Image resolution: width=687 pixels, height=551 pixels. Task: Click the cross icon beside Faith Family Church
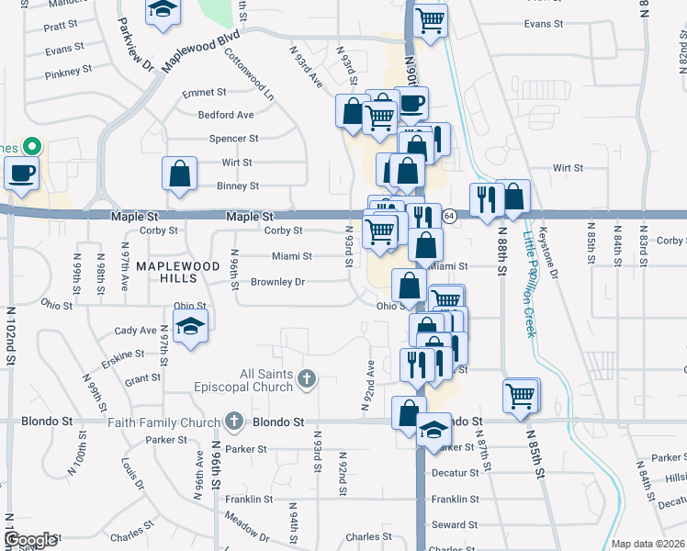coord(234,422)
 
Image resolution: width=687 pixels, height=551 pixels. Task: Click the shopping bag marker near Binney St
coord(180,173)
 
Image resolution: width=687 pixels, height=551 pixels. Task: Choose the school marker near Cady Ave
coord(191,327)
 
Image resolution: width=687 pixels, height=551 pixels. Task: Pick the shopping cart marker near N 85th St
coord(520,395)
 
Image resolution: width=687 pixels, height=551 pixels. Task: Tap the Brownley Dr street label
coord(277,282)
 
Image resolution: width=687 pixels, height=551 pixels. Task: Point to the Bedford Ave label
coord(226,115)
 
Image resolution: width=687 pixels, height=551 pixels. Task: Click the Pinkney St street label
coord(68,69)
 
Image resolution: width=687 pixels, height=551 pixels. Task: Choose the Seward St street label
coord(456,524)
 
